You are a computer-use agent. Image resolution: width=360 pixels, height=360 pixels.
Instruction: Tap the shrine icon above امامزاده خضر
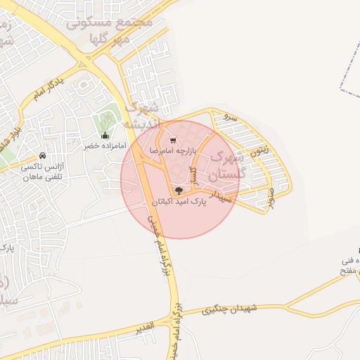[x=105, y=135]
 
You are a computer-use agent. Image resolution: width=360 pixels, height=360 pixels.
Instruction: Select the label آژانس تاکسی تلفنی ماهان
[x=43, y=173]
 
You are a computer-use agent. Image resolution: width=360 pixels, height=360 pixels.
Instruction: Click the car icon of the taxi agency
[x=43, y=156]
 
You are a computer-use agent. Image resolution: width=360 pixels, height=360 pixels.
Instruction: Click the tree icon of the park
[x=179, y=191]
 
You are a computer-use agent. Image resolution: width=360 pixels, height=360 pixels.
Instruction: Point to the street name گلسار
[x=194, y=173]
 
